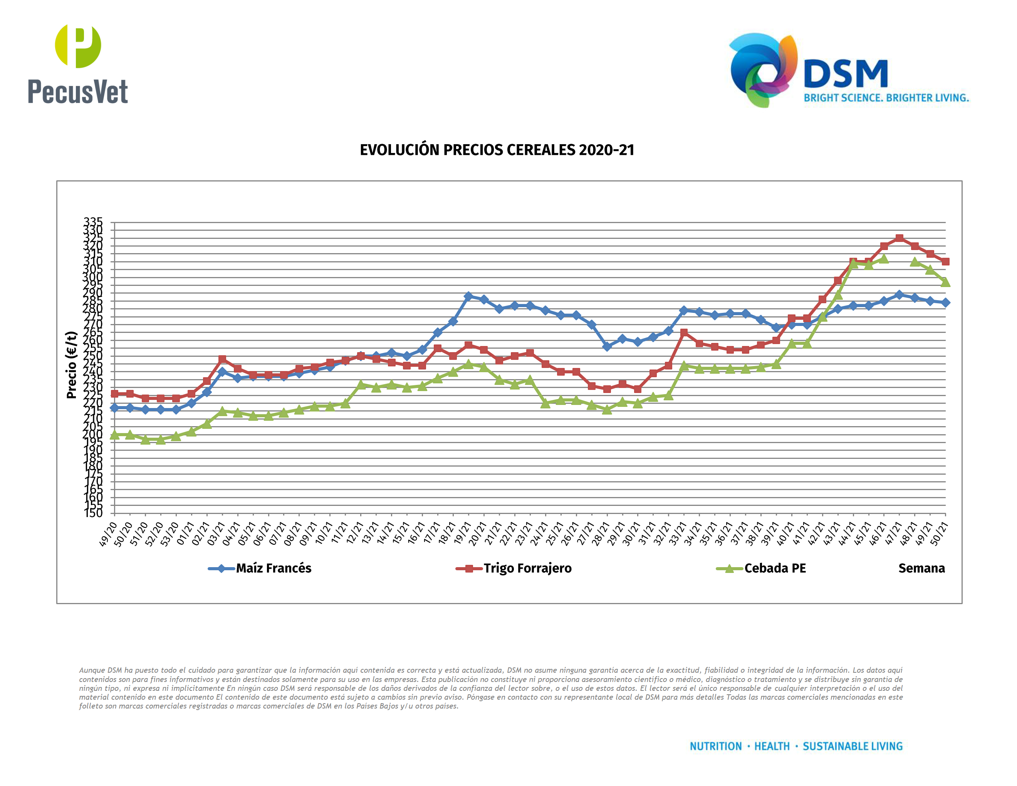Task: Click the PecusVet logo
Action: pos(78,64)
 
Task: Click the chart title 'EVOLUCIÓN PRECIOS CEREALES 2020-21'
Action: pos(497,150)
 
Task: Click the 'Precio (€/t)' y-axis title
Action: pos(71,365)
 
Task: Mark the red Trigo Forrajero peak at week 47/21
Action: pos(899,238)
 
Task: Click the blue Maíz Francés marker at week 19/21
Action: pos(468,296)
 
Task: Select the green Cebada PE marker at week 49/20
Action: pos(114,435)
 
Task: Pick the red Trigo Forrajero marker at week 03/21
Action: pos(222,359)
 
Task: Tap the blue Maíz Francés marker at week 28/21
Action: pos(607,346)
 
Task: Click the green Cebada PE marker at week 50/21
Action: pos(945,282)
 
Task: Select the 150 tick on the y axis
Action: pos(93,513)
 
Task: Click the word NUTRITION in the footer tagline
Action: pos(715,746)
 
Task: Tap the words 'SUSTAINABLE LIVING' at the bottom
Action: pos(852,746)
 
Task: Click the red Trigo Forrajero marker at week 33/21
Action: pos(684,333)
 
